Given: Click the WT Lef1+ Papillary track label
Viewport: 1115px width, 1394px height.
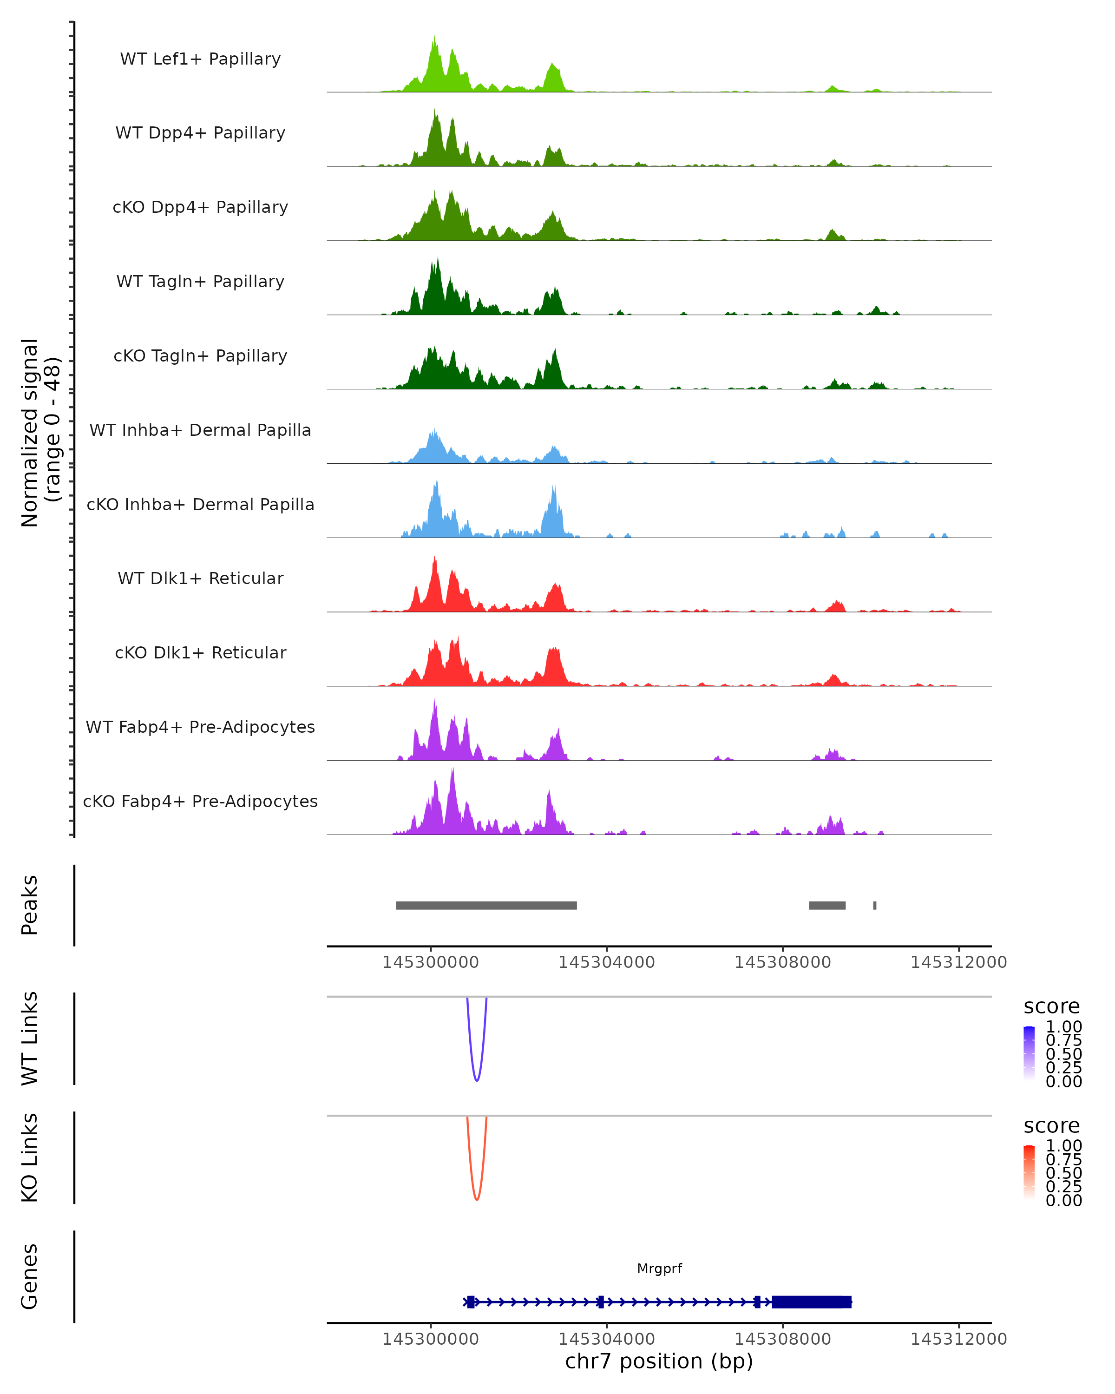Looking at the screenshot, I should (x=200, y=59).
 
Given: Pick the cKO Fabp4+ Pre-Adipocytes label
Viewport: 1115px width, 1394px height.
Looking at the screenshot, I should (x=200, y=801).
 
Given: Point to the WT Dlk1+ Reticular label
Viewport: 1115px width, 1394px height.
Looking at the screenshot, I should (x=200, y=578).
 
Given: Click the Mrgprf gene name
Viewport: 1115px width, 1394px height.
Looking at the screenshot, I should (x=659, y=1269).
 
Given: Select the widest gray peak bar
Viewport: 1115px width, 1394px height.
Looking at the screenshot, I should (x=486, y=905).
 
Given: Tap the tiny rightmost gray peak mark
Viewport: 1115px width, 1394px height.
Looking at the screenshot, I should (x=874, y=905).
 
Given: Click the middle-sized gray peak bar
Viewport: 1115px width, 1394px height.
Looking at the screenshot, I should (x=827, y=905).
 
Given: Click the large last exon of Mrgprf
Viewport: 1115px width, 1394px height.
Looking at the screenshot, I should (x=811, y=1302).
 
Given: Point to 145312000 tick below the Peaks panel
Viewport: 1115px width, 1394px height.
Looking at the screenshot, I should (x=958, y=962).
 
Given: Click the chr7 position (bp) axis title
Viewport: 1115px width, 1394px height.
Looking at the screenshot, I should (x=659, y=1361).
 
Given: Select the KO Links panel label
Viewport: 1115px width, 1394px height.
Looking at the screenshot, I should (x=30, y=1158).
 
